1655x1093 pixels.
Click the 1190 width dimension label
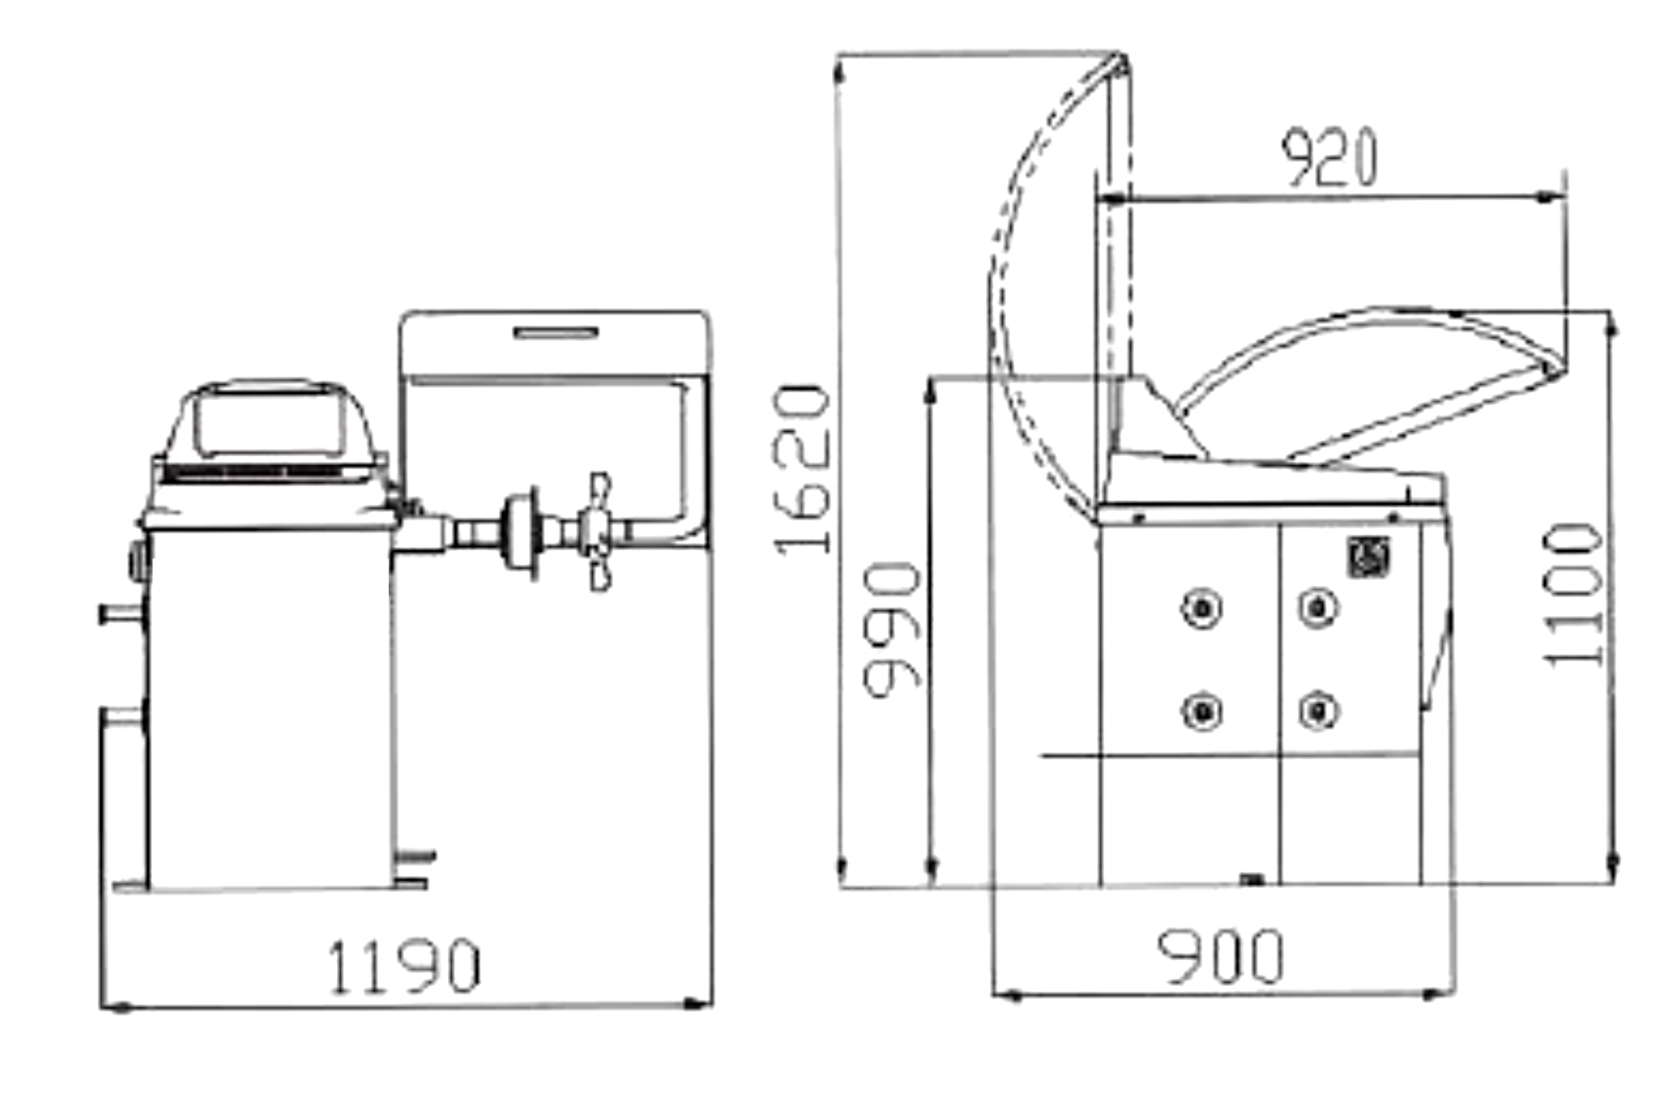[x=404, y=966]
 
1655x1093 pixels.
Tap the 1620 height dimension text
[x=802, y=470]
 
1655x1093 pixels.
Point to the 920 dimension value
[x=1329, y=158]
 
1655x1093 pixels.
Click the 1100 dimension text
[x=1574, y=595]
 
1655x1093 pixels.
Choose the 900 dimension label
[x=1220, y=956]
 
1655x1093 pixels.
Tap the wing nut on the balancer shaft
[x=598, y=531]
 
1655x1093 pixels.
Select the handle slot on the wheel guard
[x=556, y=332]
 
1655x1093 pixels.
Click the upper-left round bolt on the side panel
[x=1202, y=609]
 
